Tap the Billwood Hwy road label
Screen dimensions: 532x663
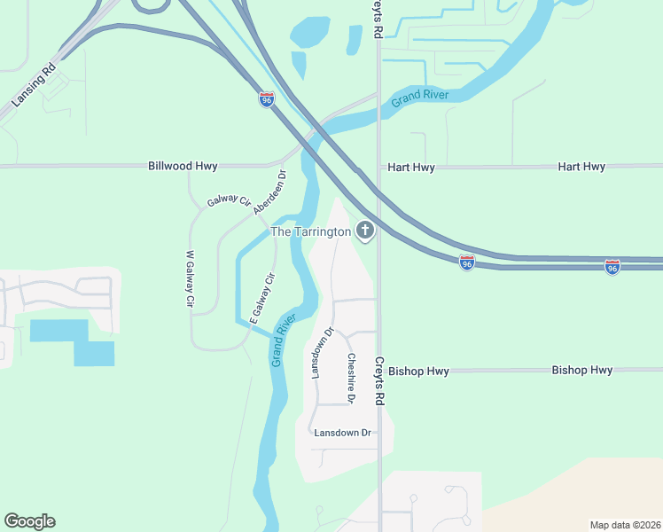[183, 166]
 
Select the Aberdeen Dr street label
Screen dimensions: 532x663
[270, 192]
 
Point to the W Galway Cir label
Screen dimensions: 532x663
[189, 278]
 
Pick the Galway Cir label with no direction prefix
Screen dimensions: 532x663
[229, 200]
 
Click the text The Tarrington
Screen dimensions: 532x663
[310, 231]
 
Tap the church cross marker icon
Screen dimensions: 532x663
[364, 231]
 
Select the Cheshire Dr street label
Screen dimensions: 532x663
[351, 379]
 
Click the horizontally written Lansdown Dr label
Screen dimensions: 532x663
[342, 433]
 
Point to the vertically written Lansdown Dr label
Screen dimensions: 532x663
[321, 353]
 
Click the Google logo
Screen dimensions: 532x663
[29, 521]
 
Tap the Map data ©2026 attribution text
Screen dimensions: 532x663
[624, 524]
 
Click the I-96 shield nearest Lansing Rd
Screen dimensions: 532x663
[267, 99]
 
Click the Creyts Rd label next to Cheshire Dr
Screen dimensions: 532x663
[378, 381]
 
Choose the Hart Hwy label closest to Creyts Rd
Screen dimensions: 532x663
[411, 167]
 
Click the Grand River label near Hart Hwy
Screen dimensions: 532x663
[421, 98]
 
